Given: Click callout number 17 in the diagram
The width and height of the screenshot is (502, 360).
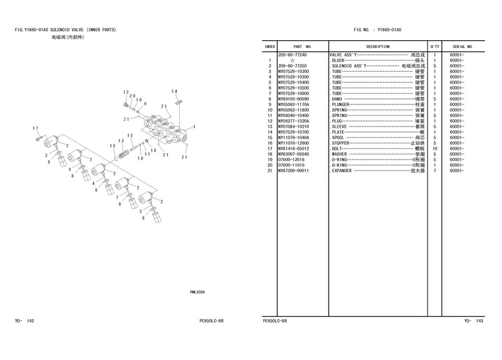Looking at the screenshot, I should tap(36, 128).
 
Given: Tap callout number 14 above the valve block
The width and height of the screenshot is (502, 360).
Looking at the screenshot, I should tap(175, 91).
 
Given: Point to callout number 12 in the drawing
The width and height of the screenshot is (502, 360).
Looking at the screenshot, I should tap(127, 92).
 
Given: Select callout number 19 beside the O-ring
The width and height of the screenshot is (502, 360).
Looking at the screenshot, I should tap(112, 146).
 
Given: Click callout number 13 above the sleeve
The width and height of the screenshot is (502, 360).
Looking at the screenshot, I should tap(121, 141).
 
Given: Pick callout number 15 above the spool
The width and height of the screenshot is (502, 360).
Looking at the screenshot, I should tap(130, 136).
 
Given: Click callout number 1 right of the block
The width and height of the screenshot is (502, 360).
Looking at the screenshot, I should tap(194, 127).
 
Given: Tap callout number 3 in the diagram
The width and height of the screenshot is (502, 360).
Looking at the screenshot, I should tap(46, 155).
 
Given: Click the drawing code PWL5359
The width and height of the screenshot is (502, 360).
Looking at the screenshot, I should tap(197, 292).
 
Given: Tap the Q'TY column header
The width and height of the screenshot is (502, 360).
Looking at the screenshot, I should tap(434, 46).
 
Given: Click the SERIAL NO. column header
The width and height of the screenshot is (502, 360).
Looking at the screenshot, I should tap(463, 46).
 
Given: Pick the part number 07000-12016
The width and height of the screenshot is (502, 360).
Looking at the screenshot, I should tap(291, 160).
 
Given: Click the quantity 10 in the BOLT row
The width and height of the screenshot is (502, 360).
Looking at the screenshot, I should tap(434, 148).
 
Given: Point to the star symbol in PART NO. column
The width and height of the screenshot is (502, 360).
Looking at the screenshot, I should tap(291, 60).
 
